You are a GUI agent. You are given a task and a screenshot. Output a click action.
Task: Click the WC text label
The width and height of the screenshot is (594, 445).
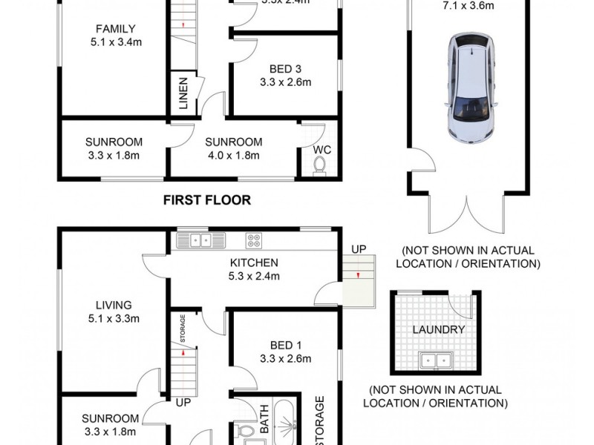pos(321,149)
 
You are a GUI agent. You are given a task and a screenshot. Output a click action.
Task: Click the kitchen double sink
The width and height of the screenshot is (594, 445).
pos(200,240)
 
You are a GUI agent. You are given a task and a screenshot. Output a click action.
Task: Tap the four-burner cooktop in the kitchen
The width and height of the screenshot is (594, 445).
pos(254,240)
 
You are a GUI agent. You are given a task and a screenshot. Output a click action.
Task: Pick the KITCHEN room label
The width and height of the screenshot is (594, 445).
pos(253,269)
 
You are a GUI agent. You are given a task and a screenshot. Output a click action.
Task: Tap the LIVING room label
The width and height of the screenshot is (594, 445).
pos(113,311)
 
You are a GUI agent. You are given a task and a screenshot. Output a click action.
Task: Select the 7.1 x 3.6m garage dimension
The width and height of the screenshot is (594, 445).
pos(469,5)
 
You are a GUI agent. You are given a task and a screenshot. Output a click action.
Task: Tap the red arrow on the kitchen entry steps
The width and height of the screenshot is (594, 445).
pos(358,277)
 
